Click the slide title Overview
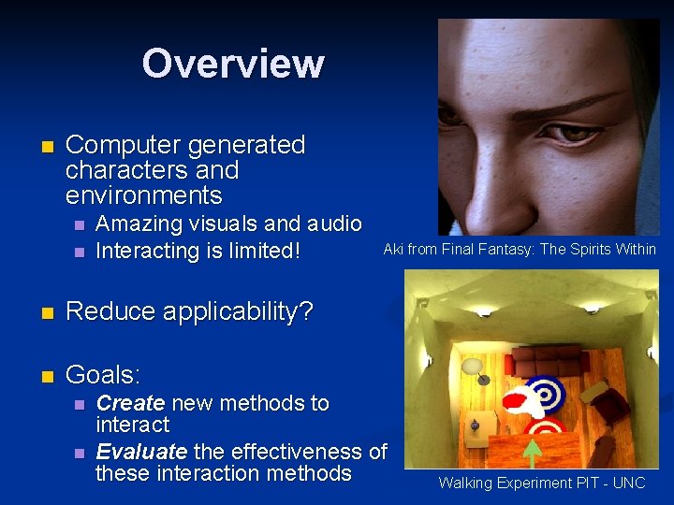point(233,64)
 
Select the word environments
point(144,195)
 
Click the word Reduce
point(110,312)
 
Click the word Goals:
point(103,375)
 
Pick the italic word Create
point(131,403)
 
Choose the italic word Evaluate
point(141,452)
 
